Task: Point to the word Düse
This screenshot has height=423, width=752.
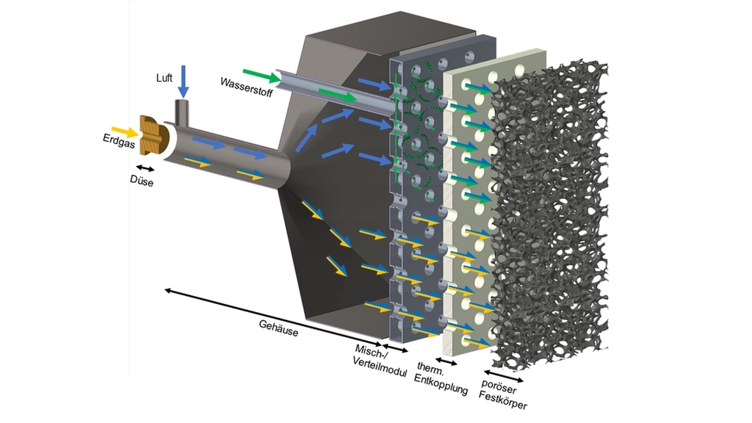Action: [x=141, y=182]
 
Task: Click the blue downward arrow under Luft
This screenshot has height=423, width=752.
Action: [x=184, y=81]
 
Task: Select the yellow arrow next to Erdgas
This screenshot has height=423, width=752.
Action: [x=126, y=133]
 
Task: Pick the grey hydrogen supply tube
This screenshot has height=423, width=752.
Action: [x=330, y=92]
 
